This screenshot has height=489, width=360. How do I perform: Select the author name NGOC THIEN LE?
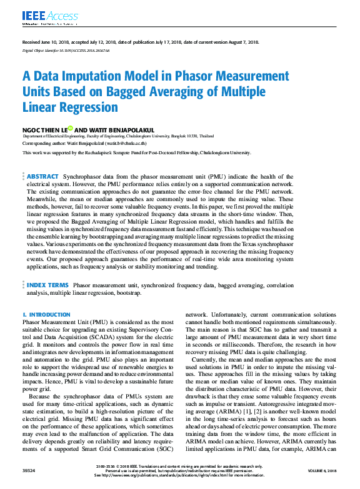coord(43,129)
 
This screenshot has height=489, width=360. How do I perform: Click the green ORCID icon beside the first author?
coord(71,128)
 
